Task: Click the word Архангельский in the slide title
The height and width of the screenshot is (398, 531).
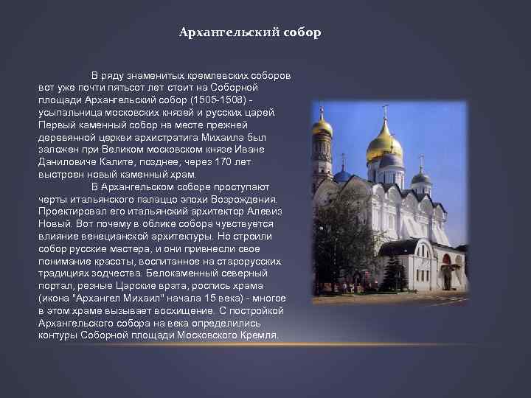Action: (x=230, y=33)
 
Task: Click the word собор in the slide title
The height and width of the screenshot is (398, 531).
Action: (x=302, y=33)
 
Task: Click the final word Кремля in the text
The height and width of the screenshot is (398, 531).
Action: (x=260, y=335)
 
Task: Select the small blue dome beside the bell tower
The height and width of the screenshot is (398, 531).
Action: (x=342, y=175)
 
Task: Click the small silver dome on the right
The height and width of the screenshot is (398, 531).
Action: (x=421, y=177)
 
